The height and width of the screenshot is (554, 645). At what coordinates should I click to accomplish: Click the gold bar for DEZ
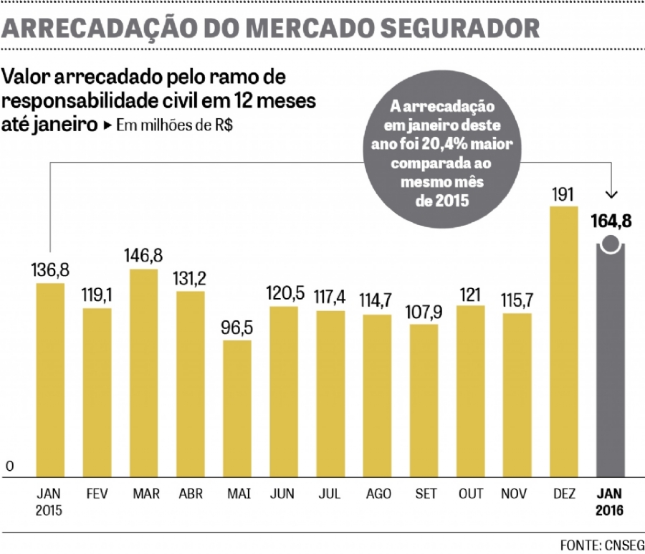(x=563, y=341)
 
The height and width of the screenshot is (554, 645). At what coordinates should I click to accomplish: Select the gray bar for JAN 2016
(x=610, y=362)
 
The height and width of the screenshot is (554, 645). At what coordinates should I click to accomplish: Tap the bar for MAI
(x=236, y=408)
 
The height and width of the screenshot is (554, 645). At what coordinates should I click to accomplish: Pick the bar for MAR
(x=144, y=373)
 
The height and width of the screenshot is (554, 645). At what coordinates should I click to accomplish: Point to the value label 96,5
(x=236, y=329)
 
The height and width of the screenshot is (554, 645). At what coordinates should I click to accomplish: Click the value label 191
(x=563, y=194)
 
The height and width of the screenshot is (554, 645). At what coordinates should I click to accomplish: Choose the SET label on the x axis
(x=424, y=495)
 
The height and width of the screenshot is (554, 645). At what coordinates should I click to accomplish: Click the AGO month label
(x=377, y=495)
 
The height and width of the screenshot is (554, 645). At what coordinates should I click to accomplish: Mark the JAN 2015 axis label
(x=49, y=502)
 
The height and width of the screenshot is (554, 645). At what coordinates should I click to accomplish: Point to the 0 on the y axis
(x=10, y=467)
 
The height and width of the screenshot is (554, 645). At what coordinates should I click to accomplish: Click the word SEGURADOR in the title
(x=459, y=27)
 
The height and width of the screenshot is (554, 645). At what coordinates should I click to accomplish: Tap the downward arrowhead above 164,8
(x=611, y=194)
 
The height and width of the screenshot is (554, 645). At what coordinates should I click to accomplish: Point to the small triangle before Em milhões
(x=107, y=125)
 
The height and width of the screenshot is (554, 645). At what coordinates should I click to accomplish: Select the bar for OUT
(x=470, y=391)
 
